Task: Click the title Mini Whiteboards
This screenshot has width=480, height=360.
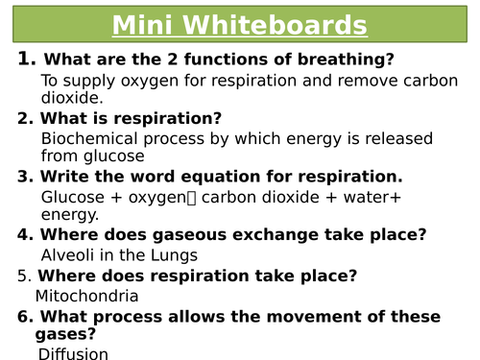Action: click(239, 25)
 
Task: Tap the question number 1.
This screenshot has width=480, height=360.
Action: click(26, 60)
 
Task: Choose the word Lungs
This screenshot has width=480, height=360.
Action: click(175, 254)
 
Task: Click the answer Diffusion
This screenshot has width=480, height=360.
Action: click(73, 353)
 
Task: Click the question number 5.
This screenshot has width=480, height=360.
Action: click(24, 276)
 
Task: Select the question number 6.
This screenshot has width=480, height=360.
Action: click(24, 317)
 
